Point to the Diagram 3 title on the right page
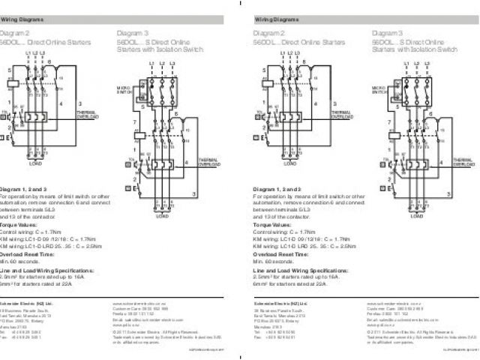tap(388, 34)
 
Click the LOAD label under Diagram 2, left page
tap(36, 162)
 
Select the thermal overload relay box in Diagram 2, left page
tap(36, 118)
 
